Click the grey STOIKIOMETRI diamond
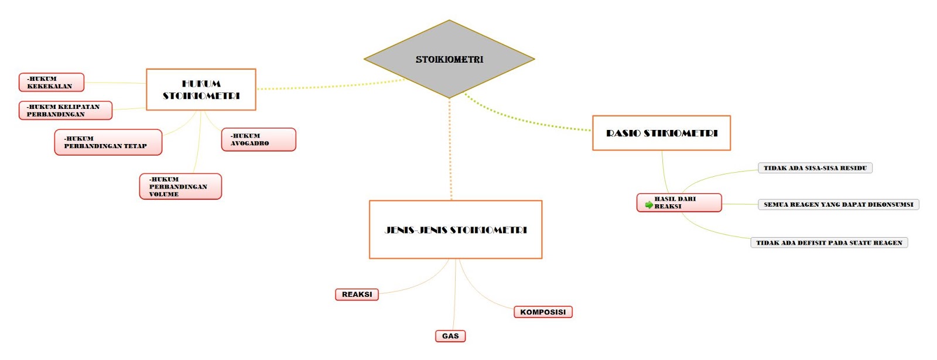coord(449,59)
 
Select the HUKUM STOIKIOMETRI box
coord(201,90)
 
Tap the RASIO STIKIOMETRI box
coord(661,133)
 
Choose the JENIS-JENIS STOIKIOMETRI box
coord(456,229)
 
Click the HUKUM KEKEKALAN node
coord(52,83)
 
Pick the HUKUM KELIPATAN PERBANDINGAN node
coord(66,111)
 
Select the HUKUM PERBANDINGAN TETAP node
coord(108,142)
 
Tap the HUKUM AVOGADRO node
coord(258,140)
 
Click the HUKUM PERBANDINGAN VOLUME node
coord(180,187)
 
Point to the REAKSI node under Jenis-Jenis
coord(357,294)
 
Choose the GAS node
coord(450,336)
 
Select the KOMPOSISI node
coord(543,312)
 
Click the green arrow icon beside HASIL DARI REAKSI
coord(649,204)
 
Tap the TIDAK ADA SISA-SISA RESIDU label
coord(815,168)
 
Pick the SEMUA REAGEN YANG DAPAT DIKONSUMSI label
coord(838,204)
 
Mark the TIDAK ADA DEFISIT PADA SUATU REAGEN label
coord(829,242)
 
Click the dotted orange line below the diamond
coord(450,149)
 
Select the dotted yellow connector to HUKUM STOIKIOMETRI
coord(330,85)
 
